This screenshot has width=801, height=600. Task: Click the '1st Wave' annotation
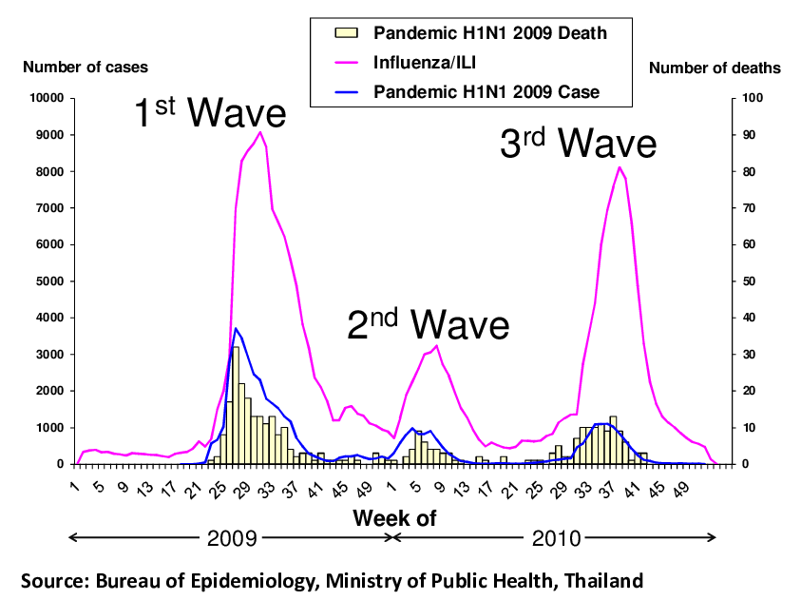click(x=208, y=113)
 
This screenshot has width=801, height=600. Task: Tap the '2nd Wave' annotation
click(x=428, y=324)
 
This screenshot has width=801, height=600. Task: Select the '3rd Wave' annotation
click(x=578, y=144)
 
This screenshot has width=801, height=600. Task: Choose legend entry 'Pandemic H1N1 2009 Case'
click(x=487, y=92)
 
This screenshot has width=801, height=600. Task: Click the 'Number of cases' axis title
click(x=86, y=68)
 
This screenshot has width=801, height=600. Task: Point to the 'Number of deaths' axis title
click(x=715, y=68)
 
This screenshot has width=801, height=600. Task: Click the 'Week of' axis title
click(x=393, y=518)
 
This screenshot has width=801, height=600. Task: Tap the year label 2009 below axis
click(x=233, y=538)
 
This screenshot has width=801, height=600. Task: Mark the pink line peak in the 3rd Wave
click(x=620, y=167)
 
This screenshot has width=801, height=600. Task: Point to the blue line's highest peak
click(x=236, y=328)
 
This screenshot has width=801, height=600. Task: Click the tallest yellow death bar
click(x=236, y=348)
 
